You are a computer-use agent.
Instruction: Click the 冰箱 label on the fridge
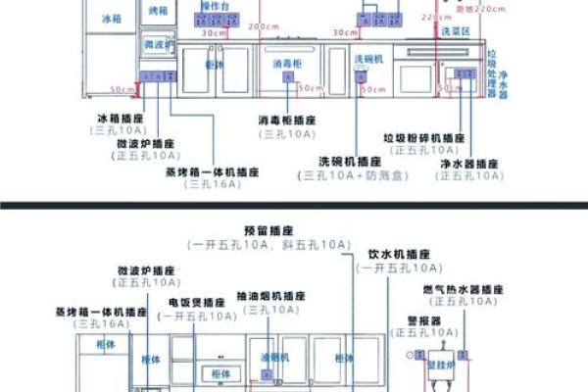click(x=111, y=18)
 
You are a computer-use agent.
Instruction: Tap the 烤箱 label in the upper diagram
click(x=159, y=10)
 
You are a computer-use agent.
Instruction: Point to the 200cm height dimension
click(x=264, y=26)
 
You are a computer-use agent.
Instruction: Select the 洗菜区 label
click(x=456, y=31)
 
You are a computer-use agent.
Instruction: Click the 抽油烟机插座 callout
click(x=270, y=296)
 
